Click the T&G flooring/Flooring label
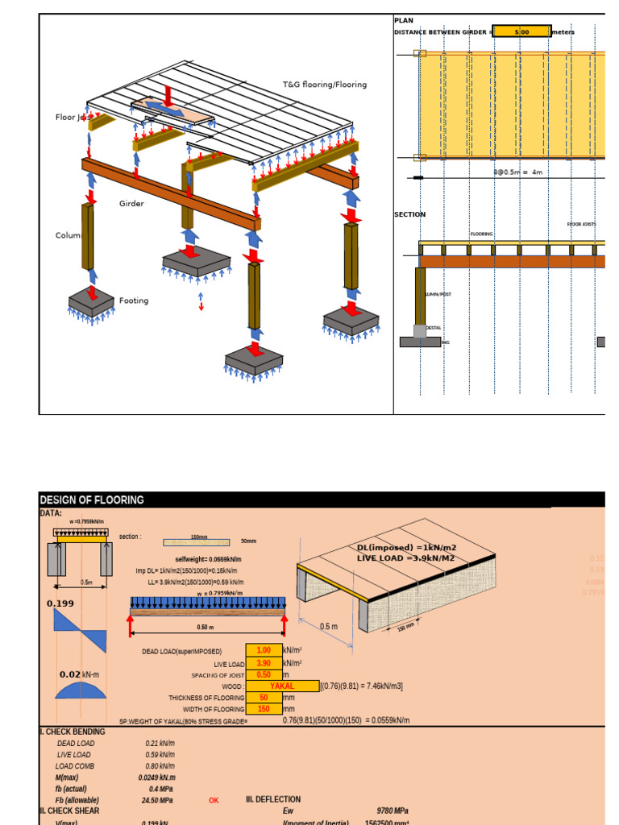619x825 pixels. tap(324, 85)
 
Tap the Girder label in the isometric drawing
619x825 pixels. tap(131, 204)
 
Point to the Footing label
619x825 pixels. tap(134, 301)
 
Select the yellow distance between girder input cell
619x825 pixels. tap(521, 31)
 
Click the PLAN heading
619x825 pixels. tap(403, 20)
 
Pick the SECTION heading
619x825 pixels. tap(409, 215)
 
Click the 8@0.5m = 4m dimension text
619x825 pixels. tap(518, 172)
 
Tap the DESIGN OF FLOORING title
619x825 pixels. tap(92, 500)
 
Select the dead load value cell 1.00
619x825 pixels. tap(264, 650)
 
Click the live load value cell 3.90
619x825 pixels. tap(264, 663)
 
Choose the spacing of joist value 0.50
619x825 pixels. tap(264, 674)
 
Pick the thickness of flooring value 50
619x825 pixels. tap(264, 698)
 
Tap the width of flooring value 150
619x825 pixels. tap(264, 709)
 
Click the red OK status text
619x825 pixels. tap(214, 801)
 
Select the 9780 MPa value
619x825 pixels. tap(393, 811)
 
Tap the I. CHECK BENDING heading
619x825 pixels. tap(73, 732)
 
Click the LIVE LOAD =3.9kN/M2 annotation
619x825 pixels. tap(406, 558)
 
